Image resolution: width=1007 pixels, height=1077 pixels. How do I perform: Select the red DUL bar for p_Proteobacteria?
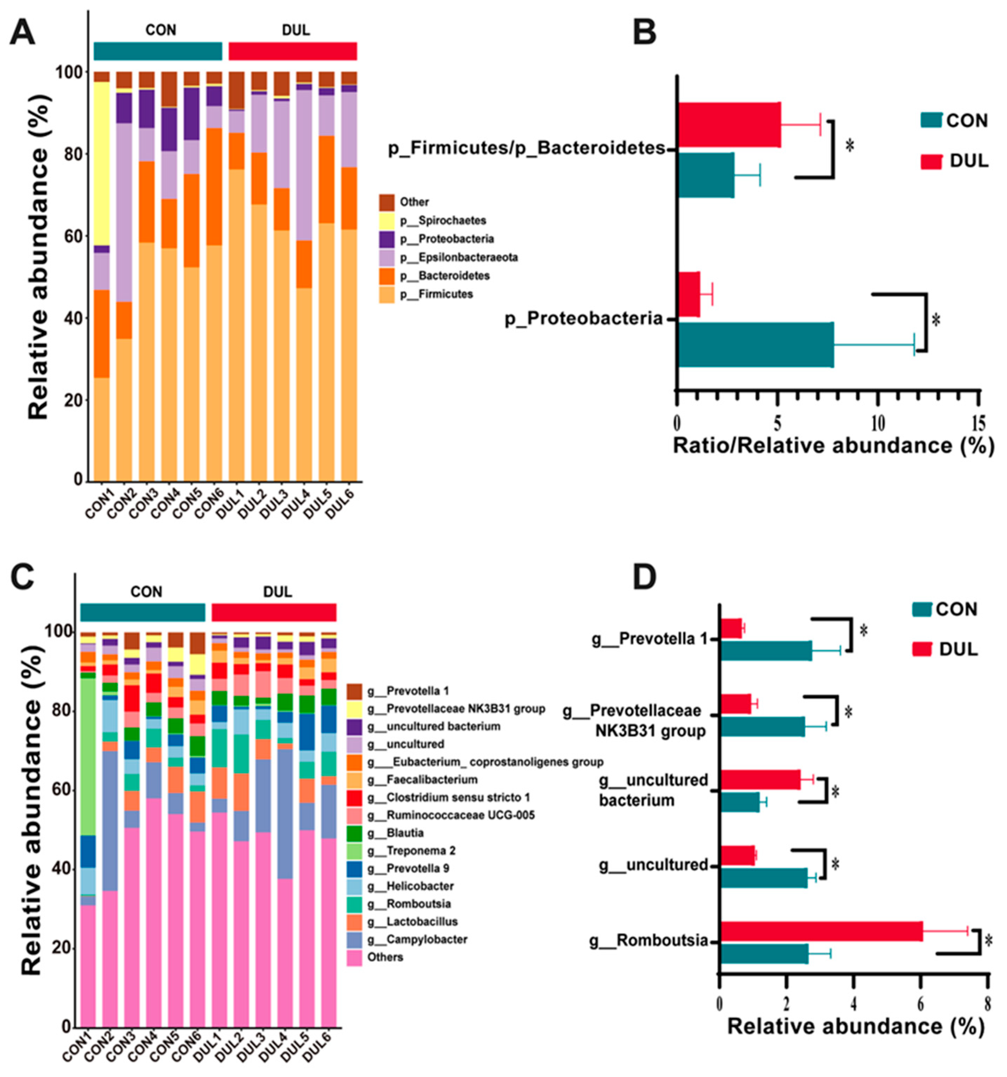click(688, 294)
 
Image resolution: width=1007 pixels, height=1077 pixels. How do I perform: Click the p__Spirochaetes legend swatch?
click(387, 220)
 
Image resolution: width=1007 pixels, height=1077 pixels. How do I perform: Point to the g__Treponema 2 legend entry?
click(411, 851)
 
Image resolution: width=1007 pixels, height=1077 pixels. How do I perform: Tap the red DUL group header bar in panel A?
click(293, 52)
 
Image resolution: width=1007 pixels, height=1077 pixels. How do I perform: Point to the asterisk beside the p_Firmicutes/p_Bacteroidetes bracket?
click(850, 145)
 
